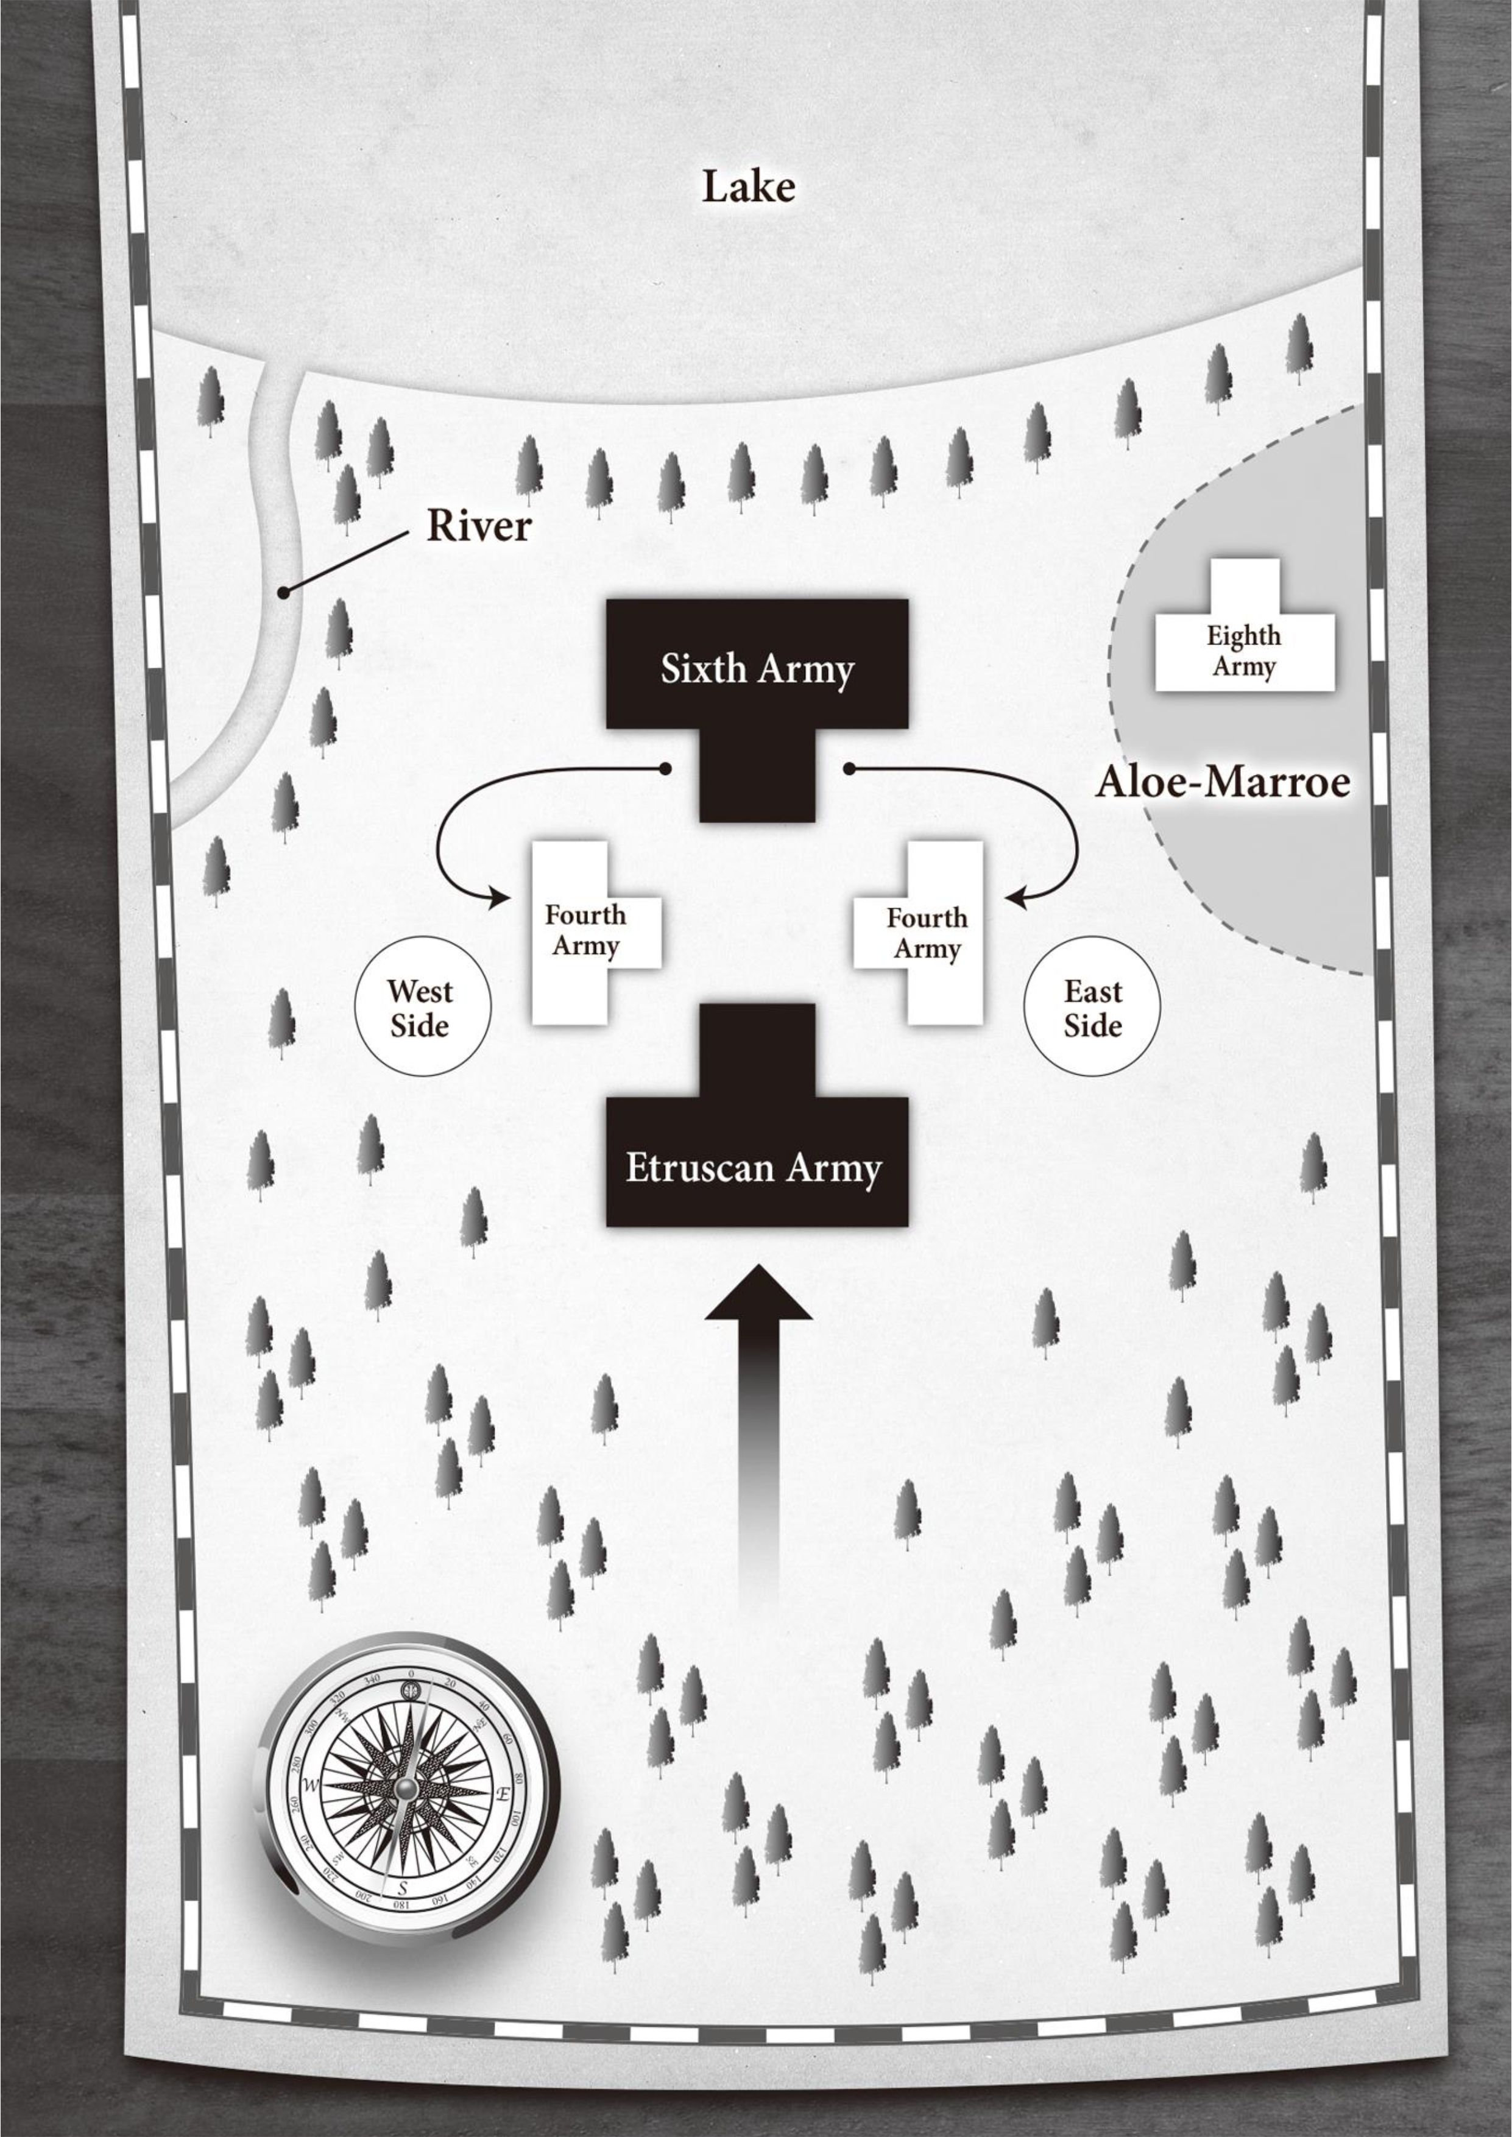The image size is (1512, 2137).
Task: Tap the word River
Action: [x=479, y=527]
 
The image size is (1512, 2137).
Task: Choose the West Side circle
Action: [x=422, y=1007]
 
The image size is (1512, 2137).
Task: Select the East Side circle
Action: [x=1092, y=1007]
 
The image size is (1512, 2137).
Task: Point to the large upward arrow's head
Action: [x=758, y=1295]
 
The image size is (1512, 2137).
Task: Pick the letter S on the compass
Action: [x=402, y=1888]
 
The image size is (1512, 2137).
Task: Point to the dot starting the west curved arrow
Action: [x=665, y=769]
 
